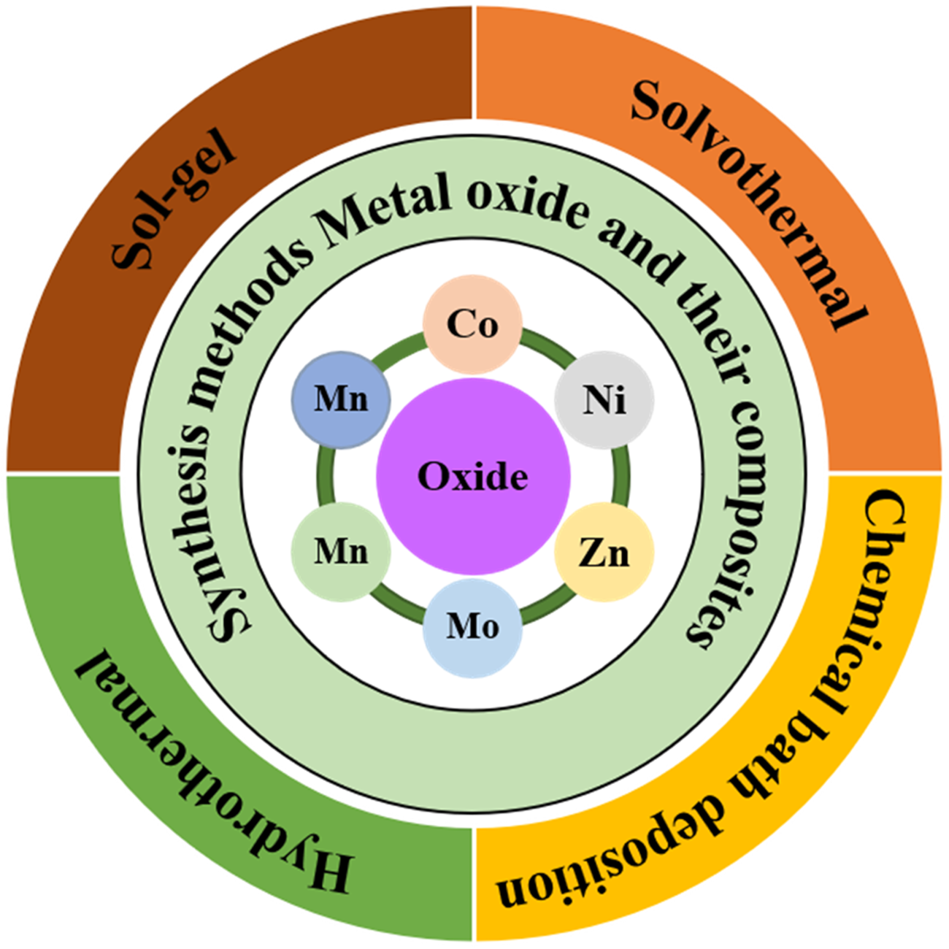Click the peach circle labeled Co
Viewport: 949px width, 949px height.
[x=473, y=325]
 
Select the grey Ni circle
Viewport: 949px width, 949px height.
[x=604, y=400]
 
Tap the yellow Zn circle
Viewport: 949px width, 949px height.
[x=604, y=553]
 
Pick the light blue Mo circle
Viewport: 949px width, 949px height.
[x=473, y=627]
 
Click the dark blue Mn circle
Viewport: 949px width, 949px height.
[x=341, y=400]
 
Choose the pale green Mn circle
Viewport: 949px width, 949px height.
[x=341, y=551]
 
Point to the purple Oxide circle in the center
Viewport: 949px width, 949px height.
[x=473, y=476]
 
